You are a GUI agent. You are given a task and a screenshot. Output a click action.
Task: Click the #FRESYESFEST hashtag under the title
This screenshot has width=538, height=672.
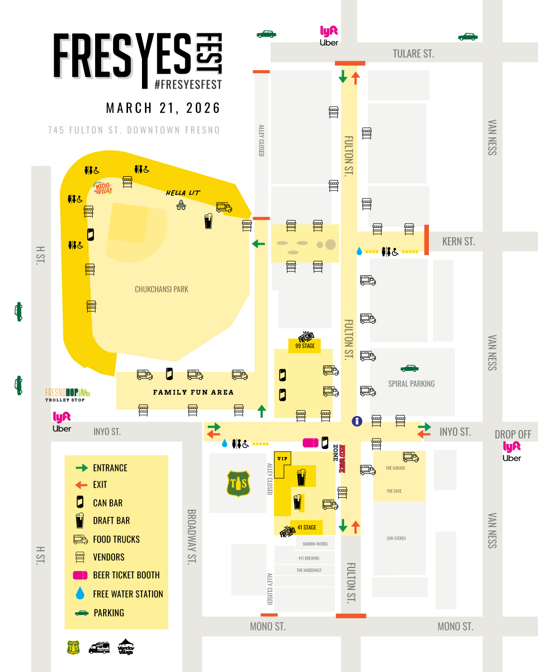[188, 85]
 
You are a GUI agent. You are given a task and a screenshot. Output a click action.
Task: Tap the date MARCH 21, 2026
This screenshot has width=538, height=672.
[163, 108]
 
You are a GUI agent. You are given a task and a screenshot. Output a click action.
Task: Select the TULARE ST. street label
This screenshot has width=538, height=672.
[413, 54]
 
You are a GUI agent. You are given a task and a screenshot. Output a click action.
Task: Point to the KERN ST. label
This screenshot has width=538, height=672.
[458, 242]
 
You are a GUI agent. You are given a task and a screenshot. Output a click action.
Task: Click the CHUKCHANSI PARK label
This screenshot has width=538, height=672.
[161, 289]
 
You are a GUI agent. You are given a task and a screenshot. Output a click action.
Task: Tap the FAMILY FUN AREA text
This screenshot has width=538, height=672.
[193, 392]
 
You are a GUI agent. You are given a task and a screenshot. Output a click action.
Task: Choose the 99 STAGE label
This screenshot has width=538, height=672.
[305, 345]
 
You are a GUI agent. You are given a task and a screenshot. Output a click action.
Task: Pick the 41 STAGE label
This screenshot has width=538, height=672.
[306, 527]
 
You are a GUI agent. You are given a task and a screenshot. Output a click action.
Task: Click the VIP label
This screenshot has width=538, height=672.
[282, 458]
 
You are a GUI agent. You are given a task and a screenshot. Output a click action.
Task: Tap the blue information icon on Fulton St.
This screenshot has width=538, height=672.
[357, 421]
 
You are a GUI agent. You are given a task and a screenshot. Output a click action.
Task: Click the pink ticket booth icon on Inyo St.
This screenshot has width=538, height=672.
[310, 443]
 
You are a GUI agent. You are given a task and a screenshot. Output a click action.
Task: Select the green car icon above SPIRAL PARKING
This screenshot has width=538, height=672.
[409, 368]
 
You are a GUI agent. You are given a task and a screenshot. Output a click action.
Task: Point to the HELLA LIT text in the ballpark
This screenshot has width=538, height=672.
[183, 193]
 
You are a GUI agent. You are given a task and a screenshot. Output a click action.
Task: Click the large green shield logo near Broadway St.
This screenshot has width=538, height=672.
[238, 483]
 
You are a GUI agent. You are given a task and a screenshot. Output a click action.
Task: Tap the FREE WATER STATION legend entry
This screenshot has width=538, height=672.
[128, 594]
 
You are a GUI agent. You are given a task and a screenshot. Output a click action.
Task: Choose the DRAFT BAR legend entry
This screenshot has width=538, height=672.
[111, 521]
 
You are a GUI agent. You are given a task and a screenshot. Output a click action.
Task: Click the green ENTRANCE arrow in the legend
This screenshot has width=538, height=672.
[82, 468]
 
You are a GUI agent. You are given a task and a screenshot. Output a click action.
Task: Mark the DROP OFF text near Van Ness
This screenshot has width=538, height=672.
[513, 435]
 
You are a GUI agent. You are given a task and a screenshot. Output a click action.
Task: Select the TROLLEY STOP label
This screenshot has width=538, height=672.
[65, 400]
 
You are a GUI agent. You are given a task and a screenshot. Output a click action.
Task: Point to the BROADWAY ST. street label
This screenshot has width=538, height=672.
[191, 537]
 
